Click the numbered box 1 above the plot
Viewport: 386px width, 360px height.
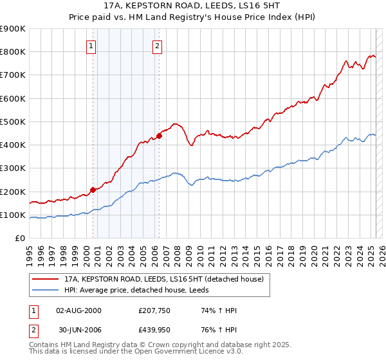[91, 46]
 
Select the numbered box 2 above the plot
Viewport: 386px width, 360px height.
[158, 46]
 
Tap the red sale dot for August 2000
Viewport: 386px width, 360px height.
[93, 190]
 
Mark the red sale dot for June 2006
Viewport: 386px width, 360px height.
[159, 136]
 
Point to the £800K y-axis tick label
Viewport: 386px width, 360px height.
[13, 52]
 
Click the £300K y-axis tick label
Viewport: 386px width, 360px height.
[13, 168]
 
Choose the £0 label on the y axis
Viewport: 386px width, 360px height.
[20, 239]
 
